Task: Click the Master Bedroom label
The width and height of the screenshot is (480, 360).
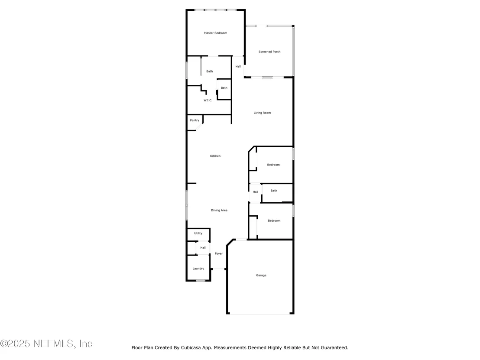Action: click(215, 33)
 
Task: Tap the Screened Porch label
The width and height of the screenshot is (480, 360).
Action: click(269, 52)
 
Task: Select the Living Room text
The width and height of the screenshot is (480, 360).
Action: click(262, 113)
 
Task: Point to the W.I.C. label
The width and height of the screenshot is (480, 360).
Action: click(208, 101)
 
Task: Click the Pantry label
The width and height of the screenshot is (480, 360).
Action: click(195, 120)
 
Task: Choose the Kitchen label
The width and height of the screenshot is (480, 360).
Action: click(215, 156)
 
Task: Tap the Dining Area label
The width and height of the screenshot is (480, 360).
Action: click(219, 210)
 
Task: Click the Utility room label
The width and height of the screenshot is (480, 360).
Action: click(198, 233)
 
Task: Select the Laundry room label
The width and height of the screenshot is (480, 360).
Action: click(198, 269)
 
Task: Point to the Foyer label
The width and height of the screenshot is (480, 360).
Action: click(219, 254)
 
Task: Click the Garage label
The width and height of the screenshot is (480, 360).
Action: click(261, 276)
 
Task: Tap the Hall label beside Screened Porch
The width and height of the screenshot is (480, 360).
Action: click(238, 66)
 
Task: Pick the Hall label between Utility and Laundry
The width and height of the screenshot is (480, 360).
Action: click(203, 248)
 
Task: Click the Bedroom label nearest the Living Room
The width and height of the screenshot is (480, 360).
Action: click(273, 165)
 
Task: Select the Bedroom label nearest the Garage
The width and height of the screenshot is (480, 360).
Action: click(274, 221)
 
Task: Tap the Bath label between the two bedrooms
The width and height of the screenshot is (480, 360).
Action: click(274, 191)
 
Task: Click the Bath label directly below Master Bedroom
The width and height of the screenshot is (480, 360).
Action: click(209, 71)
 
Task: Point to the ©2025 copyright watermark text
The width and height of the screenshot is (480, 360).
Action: click(46, 344)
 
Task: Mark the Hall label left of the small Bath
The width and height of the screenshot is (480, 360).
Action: click(255, 192)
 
